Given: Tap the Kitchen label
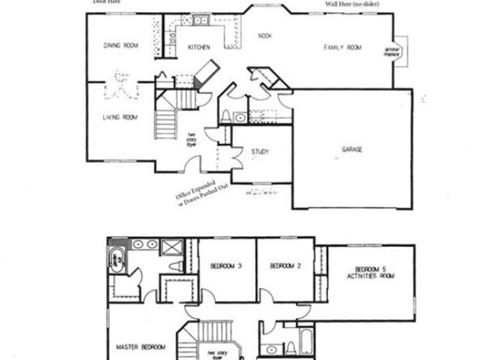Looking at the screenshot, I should pos(198,47).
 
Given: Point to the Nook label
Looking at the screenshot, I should pos(265,35).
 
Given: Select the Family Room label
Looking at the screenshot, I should pos(343,47).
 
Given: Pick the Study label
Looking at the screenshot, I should pos(260,152).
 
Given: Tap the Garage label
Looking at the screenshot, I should pos(352,149).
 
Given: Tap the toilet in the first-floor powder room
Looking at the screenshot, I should pos(226,116).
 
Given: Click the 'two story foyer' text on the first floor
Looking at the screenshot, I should pos(191,137).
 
